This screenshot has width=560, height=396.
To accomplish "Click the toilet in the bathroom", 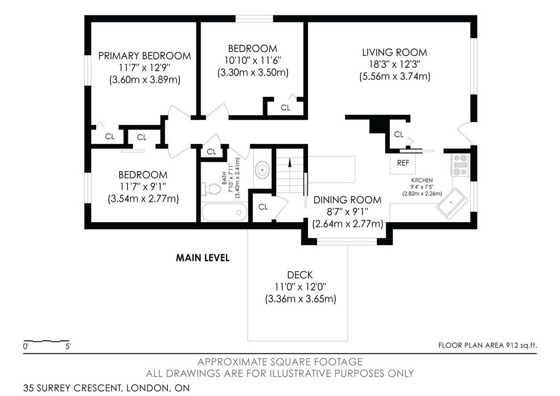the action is click(x=211, y=189).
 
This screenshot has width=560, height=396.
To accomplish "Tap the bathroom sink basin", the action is click(x=263, y=169).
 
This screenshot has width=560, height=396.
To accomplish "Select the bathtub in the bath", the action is click(x=224, y=212).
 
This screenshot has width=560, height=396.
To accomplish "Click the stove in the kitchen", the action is click(x=460, y=165).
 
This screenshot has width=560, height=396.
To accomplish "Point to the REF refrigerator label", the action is click(x=403, y=163).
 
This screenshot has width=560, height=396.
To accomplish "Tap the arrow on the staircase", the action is click(x=289, y=163).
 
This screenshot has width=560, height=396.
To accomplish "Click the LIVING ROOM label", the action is click(x=394, y=53).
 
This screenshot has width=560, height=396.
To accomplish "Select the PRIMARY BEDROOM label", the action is click(x=144, y=56).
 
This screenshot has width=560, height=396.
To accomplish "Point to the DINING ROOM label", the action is click(x=347, y=200).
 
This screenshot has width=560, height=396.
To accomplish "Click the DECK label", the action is click(x=300, y=275).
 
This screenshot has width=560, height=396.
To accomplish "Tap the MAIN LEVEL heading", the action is click(x=202, y=258).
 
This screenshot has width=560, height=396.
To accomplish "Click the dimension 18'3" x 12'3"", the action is click(x=394, y=65).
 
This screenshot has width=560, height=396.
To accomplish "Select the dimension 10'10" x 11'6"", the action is click(x=253, y=60).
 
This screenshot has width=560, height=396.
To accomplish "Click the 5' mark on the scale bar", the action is click(x=68, y=346).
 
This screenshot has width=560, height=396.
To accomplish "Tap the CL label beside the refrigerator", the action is click(x=399, y=134).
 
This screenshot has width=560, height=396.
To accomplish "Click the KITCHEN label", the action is click(x=422, y=180).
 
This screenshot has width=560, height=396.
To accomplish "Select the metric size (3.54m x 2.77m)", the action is click(x=143, y=199).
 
